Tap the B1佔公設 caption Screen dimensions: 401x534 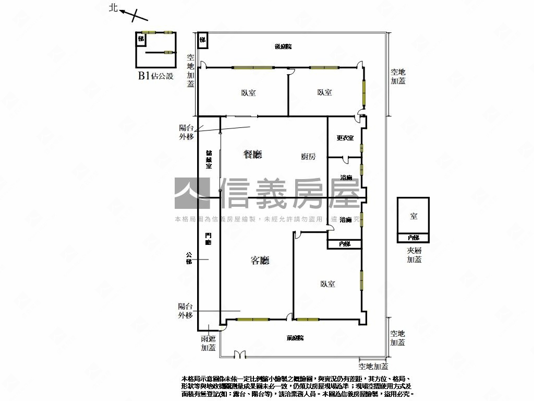click(155, 76)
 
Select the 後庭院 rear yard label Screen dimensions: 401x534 click(283, 46)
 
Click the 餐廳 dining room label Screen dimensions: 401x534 click(253, 154)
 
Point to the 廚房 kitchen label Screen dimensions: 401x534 click(308, 156)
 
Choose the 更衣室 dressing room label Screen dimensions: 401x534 click(345, 138)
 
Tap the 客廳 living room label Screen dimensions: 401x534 click(260, 260)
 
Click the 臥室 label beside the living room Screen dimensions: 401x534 click(328, 284)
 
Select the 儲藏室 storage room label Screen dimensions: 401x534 click(209, 159)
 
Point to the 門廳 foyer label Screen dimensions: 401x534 click(209, 239)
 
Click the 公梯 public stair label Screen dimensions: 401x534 click(189, 258)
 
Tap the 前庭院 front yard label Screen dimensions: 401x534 click(295, 338)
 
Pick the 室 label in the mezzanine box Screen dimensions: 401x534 click(413, 216)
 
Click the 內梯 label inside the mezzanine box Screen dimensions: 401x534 click(413, 238)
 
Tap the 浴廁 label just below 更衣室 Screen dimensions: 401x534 click(346, 178)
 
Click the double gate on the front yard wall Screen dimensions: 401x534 click(239, 356)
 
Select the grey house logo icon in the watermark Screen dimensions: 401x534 click(191, 193)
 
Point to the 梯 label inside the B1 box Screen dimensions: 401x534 click(141, 39)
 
